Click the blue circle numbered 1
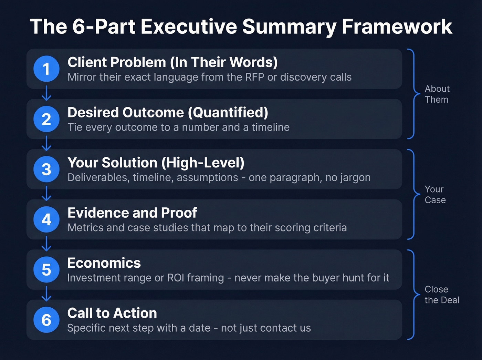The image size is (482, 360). (46, 69)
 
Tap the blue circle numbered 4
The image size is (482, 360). (46, 219)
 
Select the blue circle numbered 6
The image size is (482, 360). (46, 320)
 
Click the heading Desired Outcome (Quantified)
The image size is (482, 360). (168, 113)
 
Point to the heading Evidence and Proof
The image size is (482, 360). (132, 213)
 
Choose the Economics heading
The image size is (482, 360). (104, 263)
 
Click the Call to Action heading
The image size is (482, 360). (112, 313)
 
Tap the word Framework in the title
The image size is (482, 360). (397, 27)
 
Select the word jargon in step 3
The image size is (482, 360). (356, 177)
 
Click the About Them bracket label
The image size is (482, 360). (437, 94)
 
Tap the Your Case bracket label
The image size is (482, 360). (435, 195)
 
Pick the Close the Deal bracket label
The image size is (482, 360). (442, 295)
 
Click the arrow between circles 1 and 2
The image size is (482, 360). (46, 93)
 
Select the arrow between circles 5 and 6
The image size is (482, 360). (46, 294)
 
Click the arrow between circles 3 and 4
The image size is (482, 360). (46, 194)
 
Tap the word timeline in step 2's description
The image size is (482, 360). (271, 127)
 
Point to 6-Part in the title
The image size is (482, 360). (104, 27)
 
